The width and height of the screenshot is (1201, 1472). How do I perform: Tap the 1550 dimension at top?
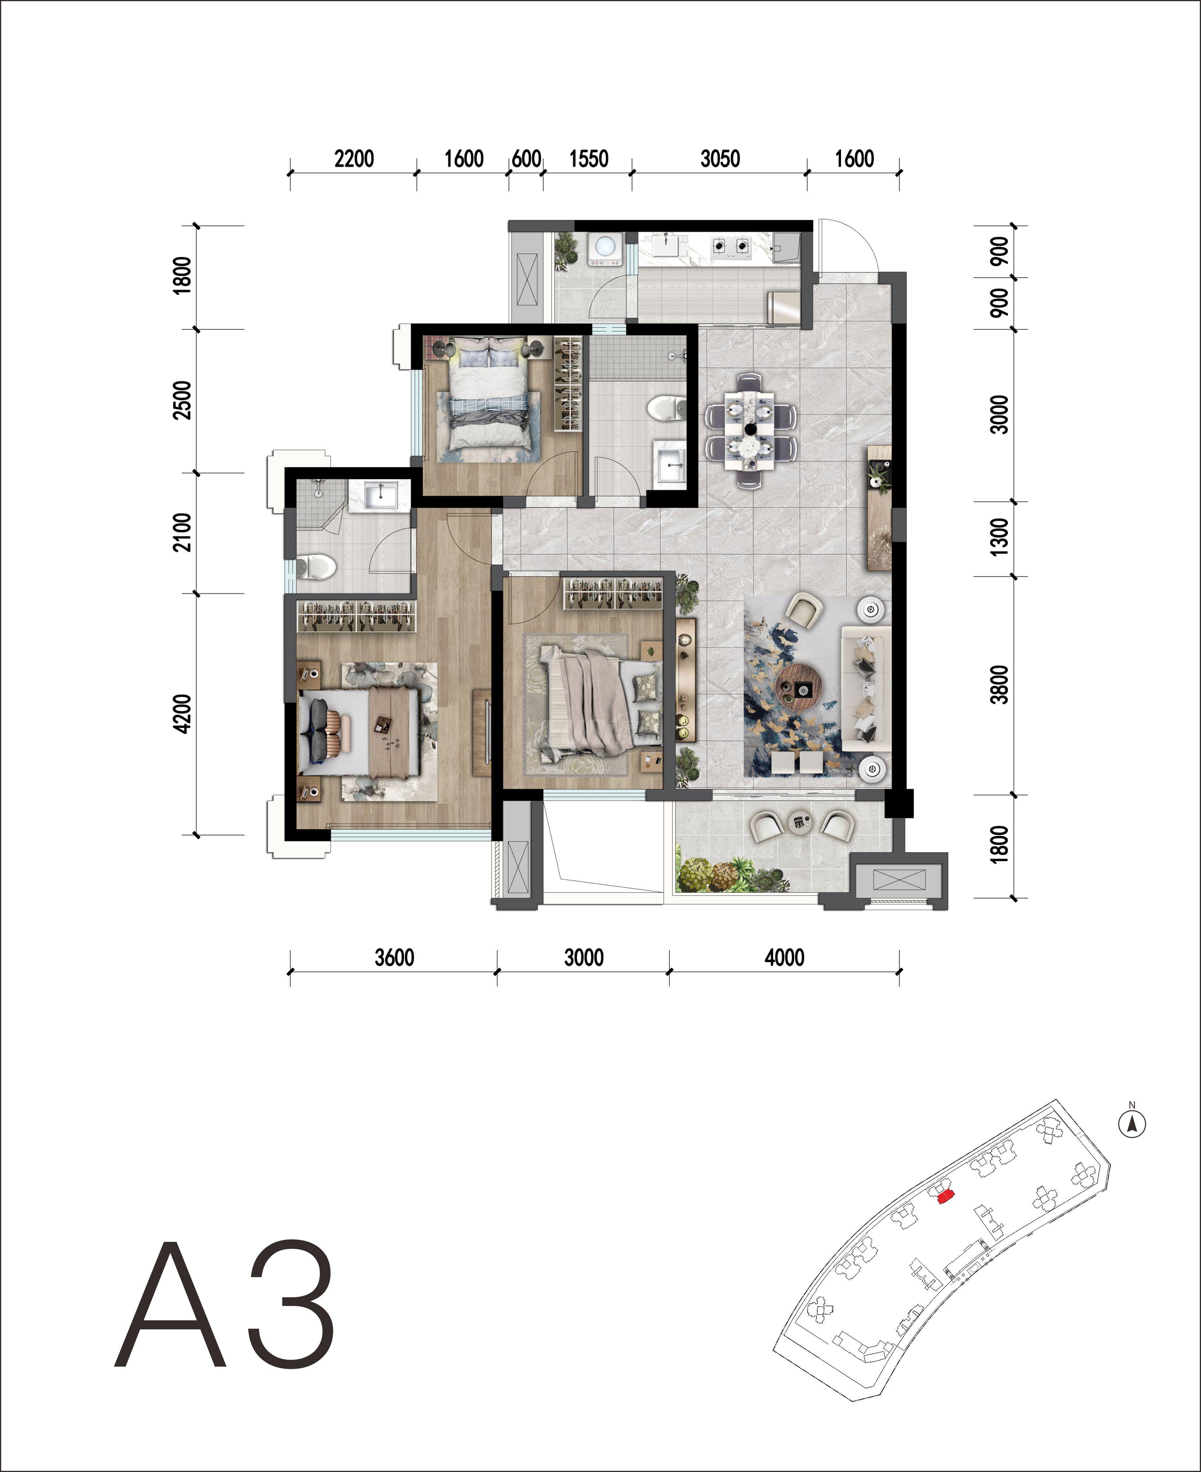(x=589, y=159)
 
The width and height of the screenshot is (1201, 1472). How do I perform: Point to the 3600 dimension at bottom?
(x=395, y=958)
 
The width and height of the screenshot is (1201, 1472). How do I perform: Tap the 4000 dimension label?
(x=785, y=958)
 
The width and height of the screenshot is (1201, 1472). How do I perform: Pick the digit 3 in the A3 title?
(x=292, y=1304)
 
